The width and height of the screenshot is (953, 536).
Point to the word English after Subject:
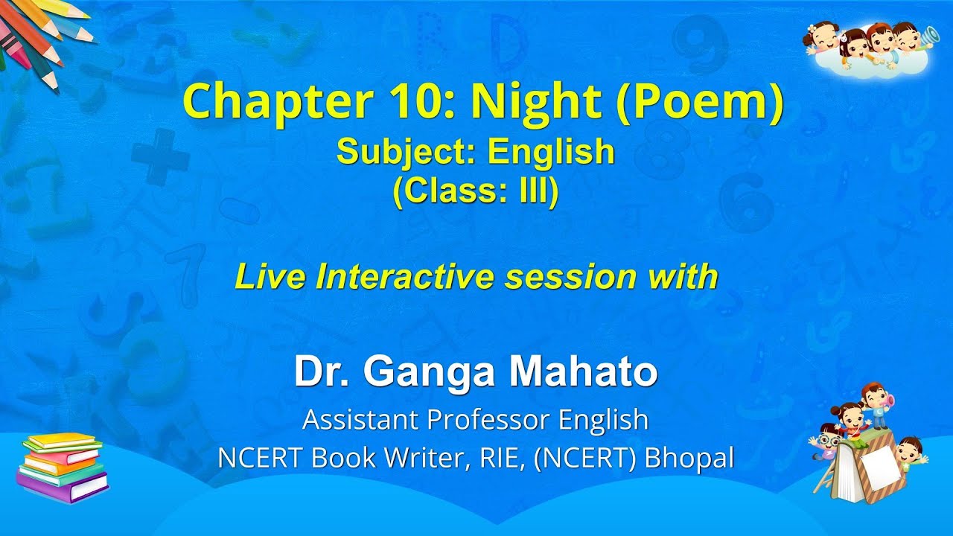(x=551, y=152)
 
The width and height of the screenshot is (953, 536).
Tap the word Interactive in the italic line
(x=406, y=277)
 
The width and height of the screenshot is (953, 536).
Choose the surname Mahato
(x=585, y=372)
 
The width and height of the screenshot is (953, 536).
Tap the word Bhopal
(x=689, y=458)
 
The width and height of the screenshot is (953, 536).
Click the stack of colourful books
(x=63, y=468)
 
